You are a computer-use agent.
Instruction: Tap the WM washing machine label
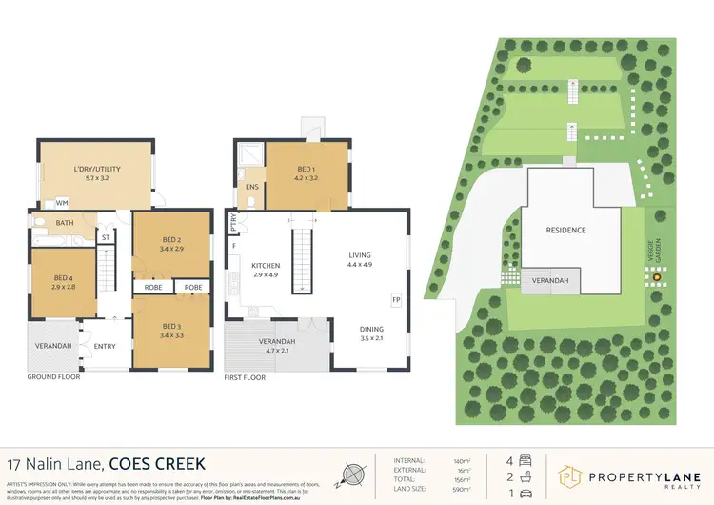click(62, 203)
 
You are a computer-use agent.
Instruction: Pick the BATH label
click(65, 223)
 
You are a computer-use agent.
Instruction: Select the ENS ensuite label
click(251, 187)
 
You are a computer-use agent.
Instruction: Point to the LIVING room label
click(359, 254)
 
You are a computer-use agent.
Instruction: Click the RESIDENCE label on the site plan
click(565, 231)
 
